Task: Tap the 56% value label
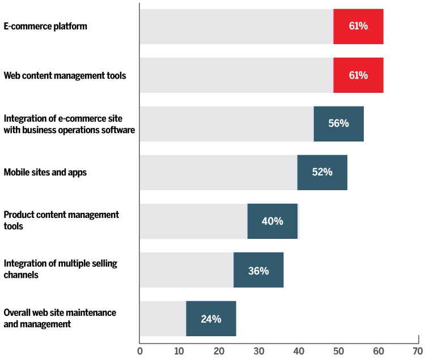tap(338, 124)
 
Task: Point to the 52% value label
tap(322, 173)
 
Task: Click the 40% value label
tap(272, 221)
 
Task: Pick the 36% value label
tap(258, 270)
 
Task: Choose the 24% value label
tap(211, 319)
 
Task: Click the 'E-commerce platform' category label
tap(45, 27)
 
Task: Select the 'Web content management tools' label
tap(65, 75)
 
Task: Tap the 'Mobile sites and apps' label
tap(45, 173)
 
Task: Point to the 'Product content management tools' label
tap(61, 221)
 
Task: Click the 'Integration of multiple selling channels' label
tap(61, 269)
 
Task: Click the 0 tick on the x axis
tap(140, 351)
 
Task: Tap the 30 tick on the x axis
tap(259, 351)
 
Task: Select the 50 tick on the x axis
tap(338, 351)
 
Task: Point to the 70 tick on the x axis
tap(418, 351)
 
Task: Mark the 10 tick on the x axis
tap(179, 351)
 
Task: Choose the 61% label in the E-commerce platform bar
tap(359, 27)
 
